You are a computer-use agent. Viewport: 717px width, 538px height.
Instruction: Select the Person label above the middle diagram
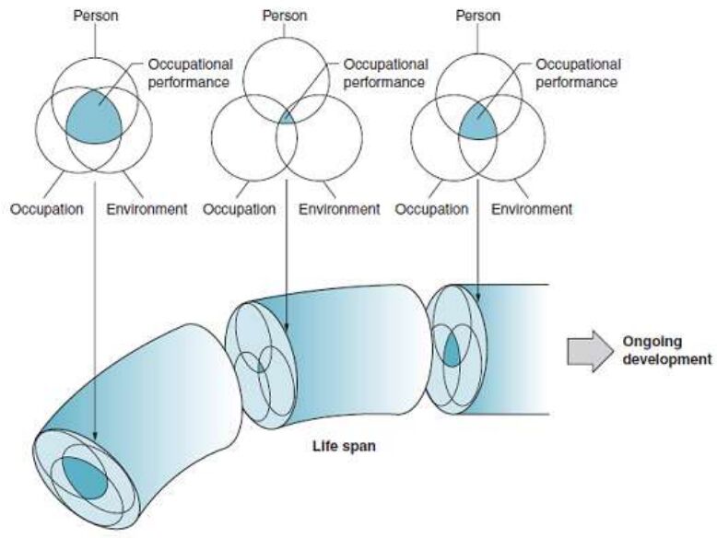tap(285, 16)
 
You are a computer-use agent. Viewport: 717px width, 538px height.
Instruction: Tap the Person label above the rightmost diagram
tap(479, 16)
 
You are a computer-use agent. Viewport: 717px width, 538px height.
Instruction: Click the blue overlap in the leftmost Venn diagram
tap(94, 116)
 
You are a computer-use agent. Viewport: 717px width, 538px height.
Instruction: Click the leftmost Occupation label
tap(46, 209)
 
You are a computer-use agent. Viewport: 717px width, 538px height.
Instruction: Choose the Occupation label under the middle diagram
tap(239, 209)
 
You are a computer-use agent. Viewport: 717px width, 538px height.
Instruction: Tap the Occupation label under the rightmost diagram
tap(431, 209)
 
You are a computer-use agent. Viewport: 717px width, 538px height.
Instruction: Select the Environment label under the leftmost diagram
tap(147, 209)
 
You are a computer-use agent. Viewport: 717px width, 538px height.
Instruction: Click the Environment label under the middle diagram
tap(339, 209)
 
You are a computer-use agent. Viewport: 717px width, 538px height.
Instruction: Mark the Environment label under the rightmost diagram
tap(531, 209)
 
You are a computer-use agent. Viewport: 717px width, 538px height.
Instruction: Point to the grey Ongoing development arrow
tap(589, 351)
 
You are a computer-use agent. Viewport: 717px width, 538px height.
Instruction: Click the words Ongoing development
tap(665, 350)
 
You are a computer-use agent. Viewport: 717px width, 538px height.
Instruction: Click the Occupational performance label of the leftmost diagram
tap(191, 73)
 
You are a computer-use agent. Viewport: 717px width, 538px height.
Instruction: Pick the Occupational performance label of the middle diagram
tap(383, 73)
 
